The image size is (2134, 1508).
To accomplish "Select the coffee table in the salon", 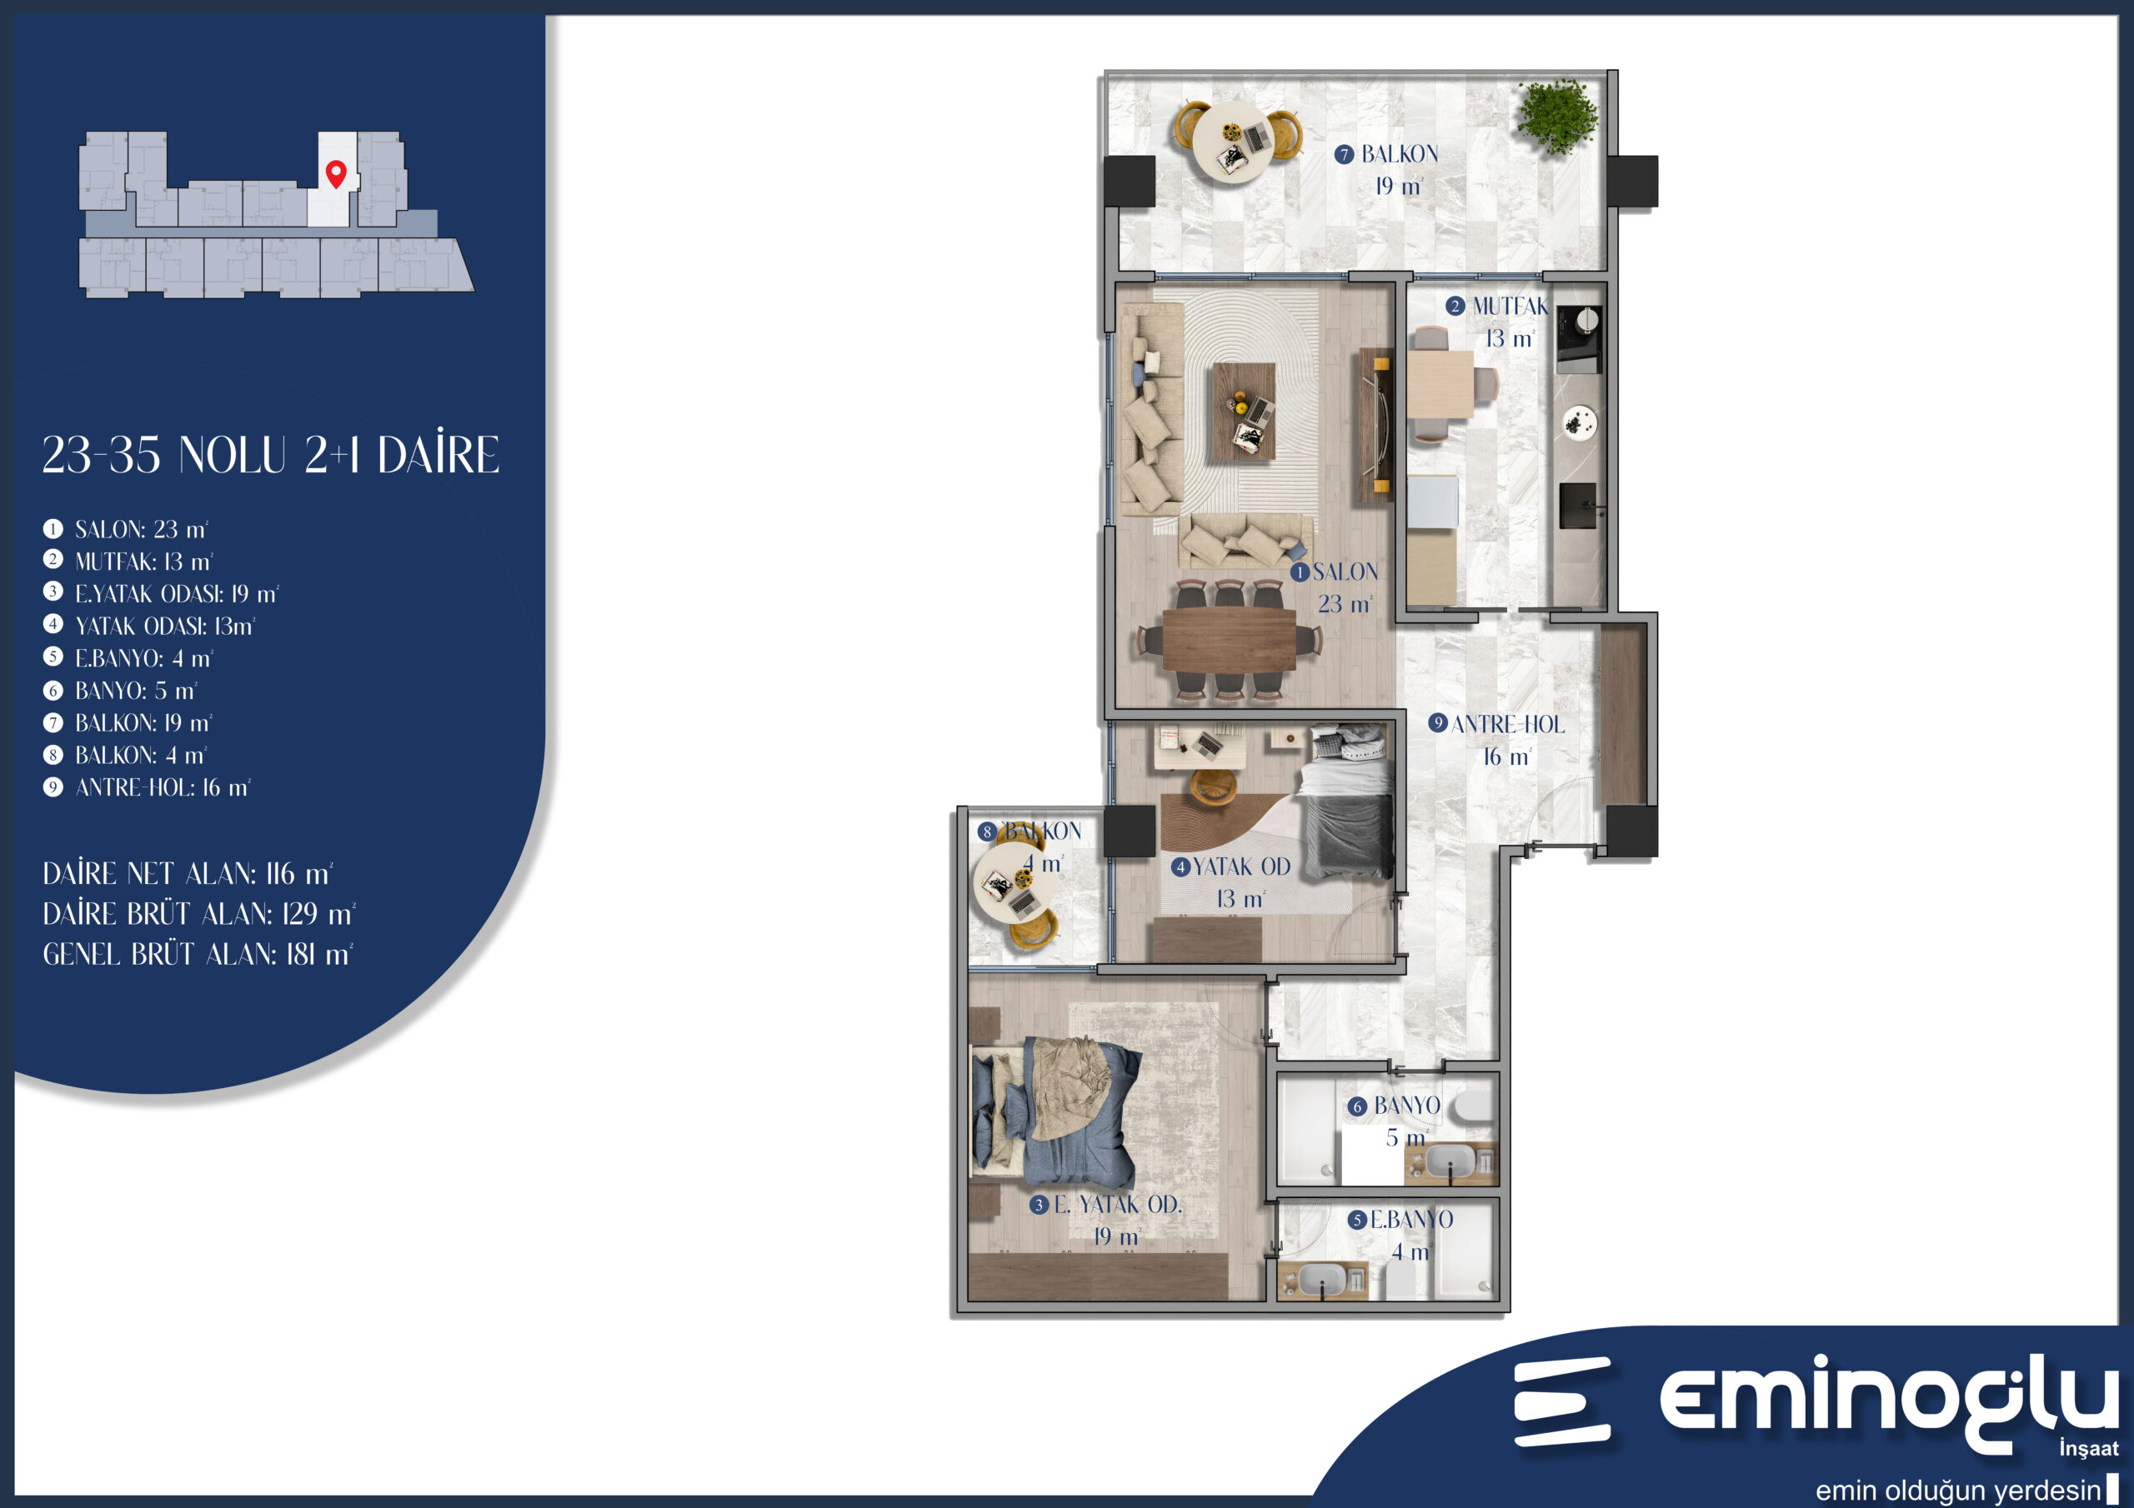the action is point(1243,411).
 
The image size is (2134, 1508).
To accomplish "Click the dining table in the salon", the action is point(1229,639).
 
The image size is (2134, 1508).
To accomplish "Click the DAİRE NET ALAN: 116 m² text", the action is point(188,874).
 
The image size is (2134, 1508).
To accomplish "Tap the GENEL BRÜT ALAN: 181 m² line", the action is point(198,954).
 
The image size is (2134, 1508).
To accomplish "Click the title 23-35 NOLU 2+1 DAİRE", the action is point(270,455).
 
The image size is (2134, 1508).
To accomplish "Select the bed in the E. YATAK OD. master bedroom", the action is point(1055,1114).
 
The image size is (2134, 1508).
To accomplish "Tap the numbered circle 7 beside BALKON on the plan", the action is point(1344,155).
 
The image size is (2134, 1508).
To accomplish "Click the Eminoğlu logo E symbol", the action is point(1561,1402).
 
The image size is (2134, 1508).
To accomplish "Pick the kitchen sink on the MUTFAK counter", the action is point(1577,506).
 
